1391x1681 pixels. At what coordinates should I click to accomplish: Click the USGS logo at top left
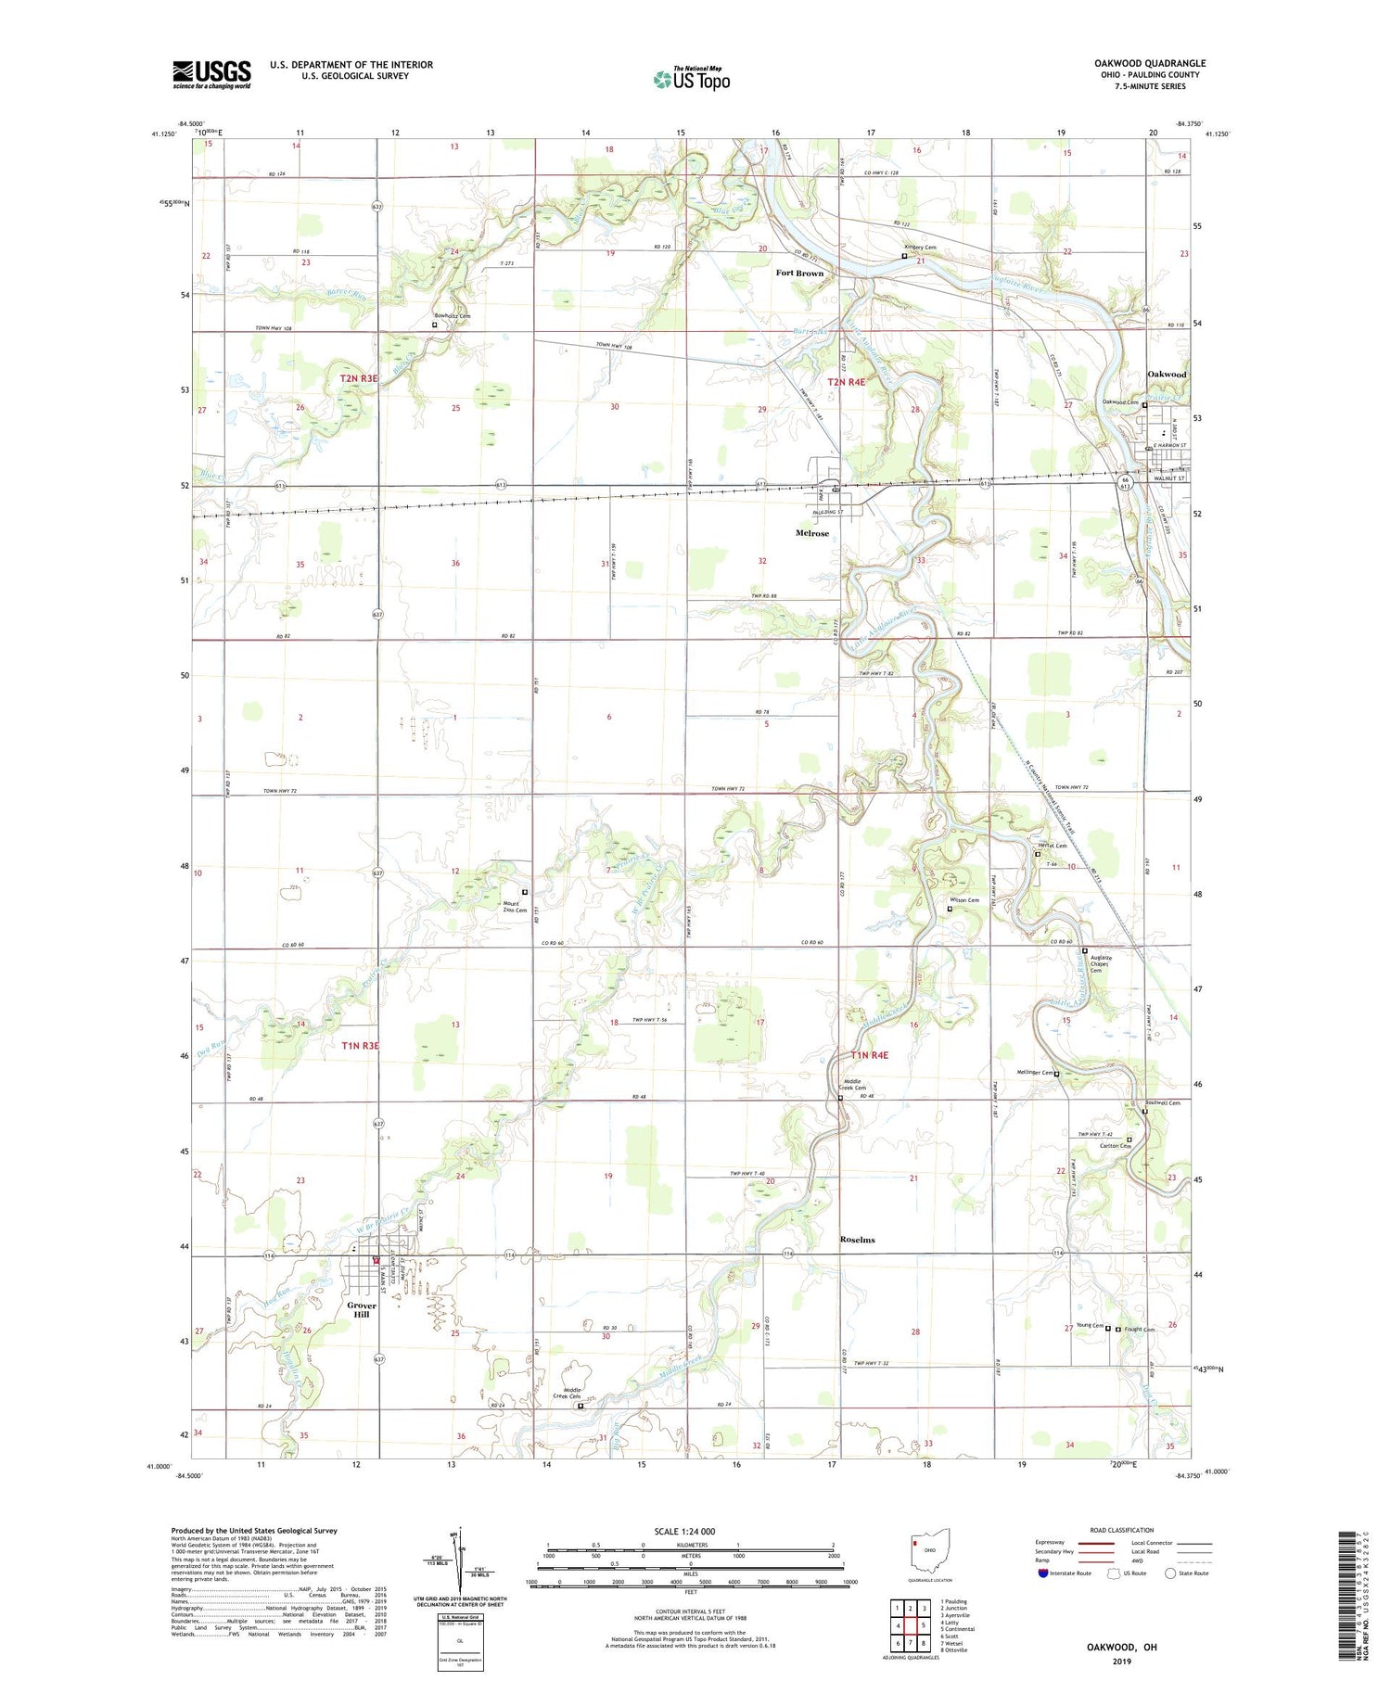211,74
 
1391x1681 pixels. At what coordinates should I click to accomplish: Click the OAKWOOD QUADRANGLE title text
1150,63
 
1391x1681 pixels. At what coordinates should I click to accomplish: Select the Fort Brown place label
799,274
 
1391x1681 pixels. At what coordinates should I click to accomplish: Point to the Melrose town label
812,533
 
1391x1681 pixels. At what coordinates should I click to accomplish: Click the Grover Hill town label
362,1310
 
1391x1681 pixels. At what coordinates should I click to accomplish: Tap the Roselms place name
857,1240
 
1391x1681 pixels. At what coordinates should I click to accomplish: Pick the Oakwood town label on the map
1167,375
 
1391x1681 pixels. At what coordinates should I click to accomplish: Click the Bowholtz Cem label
452,316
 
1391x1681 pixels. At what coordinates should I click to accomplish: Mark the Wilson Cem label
964,900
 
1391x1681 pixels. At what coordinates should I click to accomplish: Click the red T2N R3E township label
359,378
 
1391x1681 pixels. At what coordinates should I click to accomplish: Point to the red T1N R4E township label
869,1055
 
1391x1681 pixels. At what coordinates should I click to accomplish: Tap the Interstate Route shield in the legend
1044,1573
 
